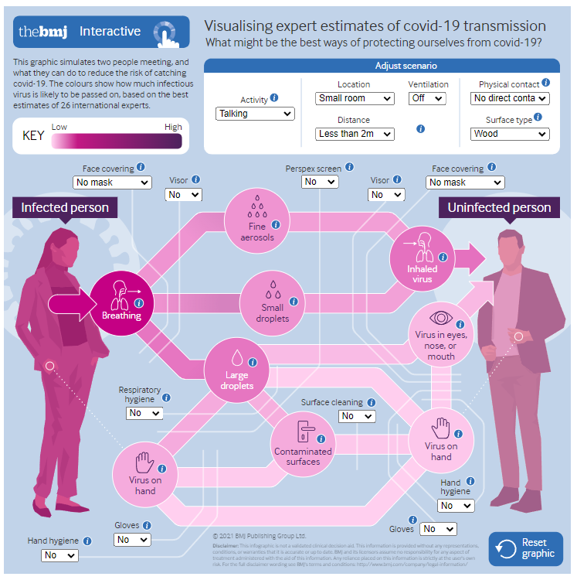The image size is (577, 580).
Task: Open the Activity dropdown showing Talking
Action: [255, 114]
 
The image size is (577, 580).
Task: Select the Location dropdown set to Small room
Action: [355, 98]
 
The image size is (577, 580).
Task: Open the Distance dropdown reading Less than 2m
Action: [355, 134]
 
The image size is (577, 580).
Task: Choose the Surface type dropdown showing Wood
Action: [510, 134]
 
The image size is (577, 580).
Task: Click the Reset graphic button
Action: [524, 548]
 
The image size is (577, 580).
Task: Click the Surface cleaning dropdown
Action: [356, 416]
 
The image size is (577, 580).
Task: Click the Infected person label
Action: [65, 207]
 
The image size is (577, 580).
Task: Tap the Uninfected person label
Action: [500, 207]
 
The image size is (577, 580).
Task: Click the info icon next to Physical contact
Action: [545, 83]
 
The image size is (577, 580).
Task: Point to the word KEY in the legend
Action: [33, 135]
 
